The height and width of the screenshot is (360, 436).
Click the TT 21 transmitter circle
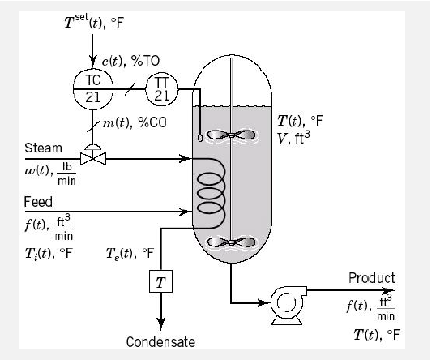click(161, 88)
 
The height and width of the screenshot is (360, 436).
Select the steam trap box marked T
click(160, 281)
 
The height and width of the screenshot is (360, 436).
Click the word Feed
click(36, 201)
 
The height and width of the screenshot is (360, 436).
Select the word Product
click(371, 278)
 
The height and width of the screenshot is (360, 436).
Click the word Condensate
click(160, 342)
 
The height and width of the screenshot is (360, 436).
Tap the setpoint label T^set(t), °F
click(94, 21)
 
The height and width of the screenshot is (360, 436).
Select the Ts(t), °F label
click(130, 253)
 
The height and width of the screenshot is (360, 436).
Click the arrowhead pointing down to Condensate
click(160, 323)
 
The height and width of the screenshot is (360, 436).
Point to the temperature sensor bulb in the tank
click(199, 138)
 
